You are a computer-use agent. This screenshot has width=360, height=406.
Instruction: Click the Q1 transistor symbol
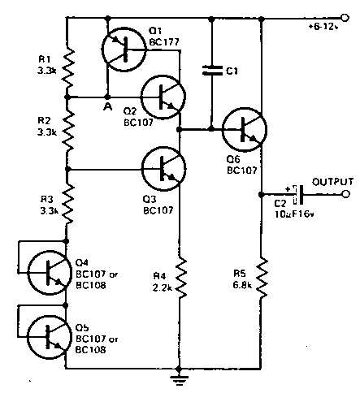coord(124,50)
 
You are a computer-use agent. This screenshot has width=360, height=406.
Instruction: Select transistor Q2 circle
coord(163,97)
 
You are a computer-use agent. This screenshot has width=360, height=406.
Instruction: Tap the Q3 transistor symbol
coord(163,169)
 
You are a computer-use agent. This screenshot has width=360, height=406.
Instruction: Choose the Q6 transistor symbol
coord(245,129)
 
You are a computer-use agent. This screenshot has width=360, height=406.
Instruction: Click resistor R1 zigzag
coord(67,67)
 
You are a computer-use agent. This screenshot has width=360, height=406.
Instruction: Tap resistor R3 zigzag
coord(67,205)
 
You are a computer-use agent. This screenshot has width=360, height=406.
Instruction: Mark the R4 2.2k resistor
coord(180,278)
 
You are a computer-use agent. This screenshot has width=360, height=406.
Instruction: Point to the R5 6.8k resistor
coord(262,278)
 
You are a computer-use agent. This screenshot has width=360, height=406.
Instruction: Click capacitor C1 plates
coord(212,71)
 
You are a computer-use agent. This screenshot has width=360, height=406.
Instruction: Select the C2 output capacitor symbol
coord(298,195)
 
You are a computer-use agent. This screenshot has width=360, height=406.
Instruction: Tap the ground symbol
coord(179,380)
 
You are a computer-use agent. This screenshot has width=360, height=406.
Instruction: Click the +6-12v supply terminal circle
coord(345,18)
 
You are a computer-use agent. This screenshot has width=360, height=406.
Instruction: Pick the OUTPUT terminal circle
coord(345,194)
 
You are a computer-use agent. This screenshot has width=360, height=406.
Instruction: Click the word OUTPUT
coord(333,182)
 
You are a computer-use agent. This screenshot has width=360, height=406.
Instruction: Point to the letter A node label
coord(108,107)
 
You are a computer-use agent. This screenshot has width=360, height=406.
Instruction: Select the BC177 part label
coord(164,42)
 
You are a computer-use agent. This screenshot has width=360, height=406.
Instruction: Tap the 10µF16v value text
coord(294,214)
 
